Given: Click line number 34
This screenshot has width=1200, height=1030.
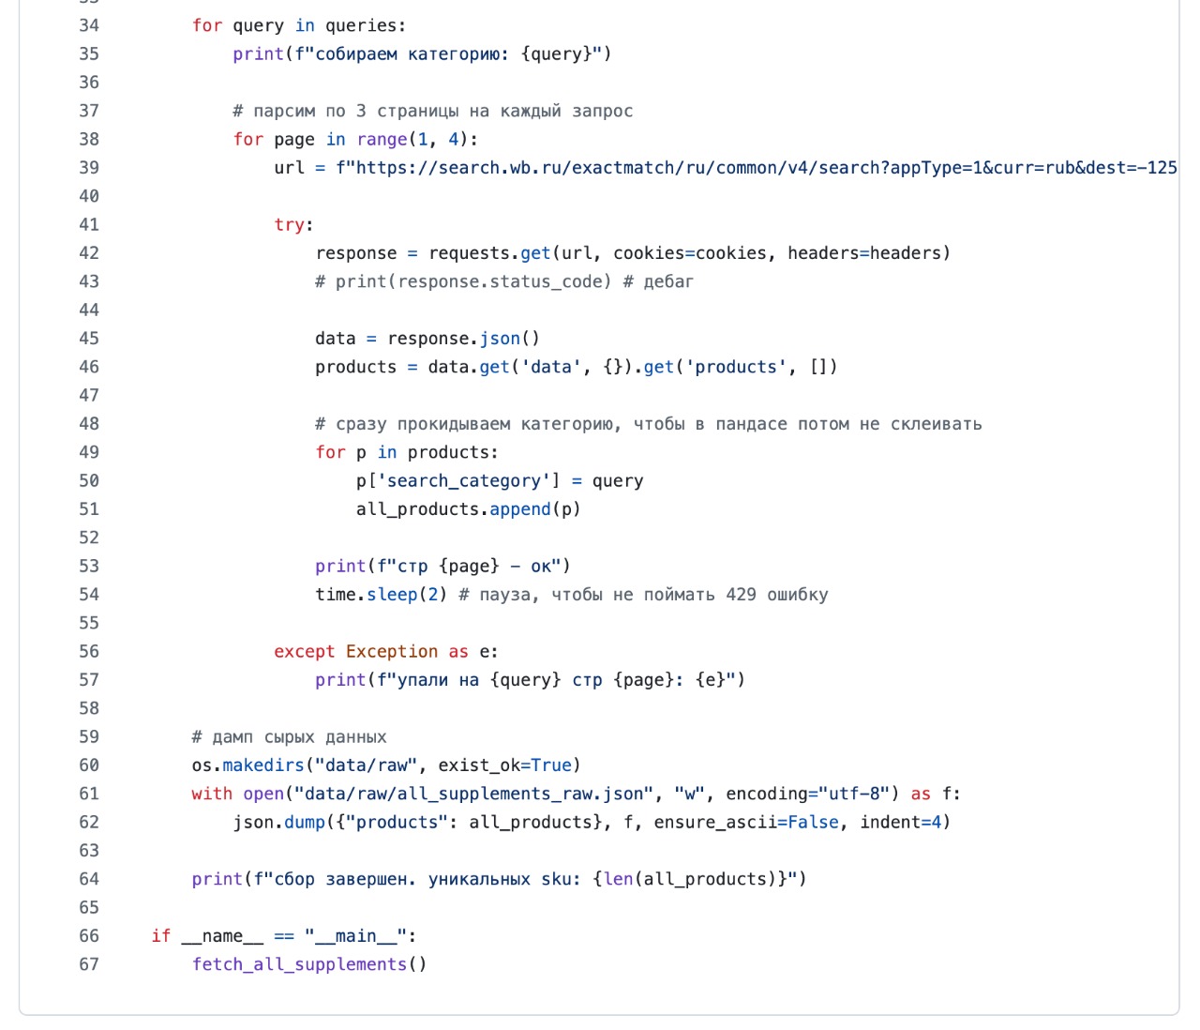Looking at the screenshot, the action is click(x=89, y=25).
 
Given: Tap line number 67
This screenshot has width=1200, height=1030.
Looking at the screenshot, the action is click(x=89, y=964).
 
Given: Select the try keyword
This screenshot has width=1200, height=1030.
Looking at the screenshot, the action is click(x=289, y=225).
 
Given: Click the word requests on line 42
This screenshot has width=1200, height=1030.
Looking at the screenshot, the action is click(x=469, y=253).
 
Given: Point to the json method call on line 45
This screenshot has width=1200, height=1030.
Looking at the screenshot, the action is click(x=500, y=339).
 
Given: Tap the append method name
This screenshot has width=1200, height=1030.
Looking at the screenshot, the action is click(x=520, y=509).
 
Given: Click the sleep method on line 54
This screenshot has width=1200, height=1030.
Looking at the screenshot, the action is click(x=392, y=595).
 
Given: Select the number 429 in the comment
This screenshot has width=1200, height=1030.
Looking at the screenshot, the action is click(x=741, y=595).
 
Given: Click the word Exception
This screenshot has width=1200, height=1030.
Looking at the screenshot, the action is click(x=392, y=652).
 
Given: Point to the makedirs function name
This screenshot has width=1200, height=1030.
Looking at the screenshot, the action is click(x=263, y=765).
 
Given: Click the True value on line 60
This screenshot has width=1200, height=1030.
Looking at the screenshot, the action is click(x=551, y=765).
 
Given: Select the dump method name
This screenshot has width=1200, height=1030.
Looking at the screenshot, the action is click(x=304, y=823).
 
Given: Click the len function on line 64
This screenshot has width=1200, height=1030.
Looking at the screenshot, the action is click(x=618, y=880).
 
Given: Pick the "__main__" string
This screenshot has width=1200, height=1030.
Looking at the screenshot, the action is click(x=355, y=936).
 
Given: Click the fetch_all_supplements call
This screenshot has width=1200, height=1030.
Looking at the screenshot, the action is click(x=300, y=965).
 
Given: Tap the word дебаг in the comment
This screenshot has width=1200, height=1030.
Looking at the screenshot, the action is click(x=668, y=281).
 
